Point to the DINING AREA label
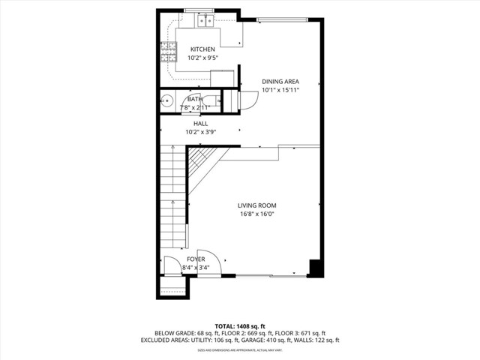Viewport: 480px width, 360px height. (x=280, y=82)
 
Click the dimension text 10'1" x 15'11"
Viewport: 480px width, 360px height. (x=280, y=90)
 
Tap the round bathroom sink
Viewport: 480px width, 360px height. (x=167, y=102)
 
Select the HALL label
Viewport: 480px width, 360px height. (x=200, y=124)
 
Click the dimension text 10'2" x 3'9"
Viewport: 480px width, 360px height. (x=200, y=132)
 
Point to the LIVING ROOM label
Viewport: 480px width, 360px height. (x=257, y=205)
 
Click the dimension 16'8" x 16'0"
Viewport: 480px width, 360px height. (x=257, y=214)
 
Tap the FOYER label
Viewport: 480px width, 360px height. (x=196, y=259)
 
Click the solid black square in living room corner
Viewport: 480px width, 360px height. (x=315, y=268)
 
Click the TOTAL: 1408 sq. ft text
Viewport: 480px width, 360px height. (x=240, y=325)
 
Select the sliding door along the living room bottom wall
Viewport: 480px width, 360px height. (x=270, y=277)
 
